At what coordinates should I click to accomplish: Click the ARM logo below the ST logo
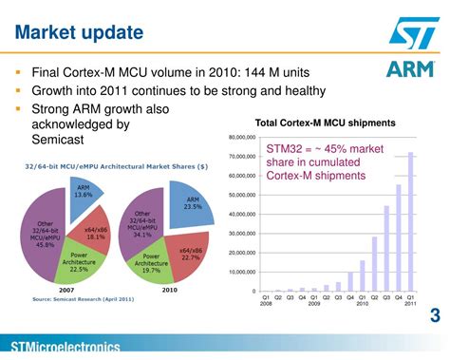coord(410,69)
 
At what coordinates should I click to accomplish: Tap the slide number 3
coord(435,315)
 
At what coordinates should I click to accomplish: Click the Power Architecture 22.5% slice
coord(77,264)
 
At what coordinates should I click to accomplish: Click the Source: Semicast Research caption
coord(83,298)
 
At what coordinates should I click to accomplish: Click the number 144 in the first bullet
coord(250,72)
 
